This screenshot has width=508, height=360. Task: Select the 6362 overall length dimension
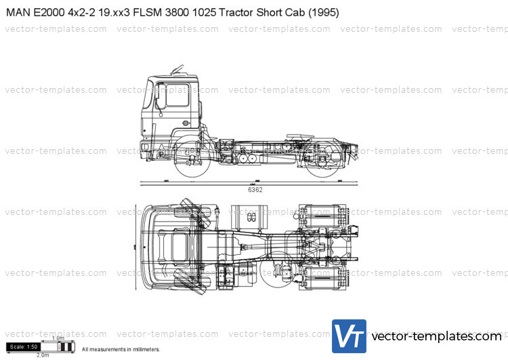tap(255, 190)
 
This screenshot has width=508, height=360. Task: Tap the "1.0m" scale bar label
tap(58, 338)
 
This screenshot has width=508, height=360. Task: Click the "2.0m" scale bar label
tap(42, 355)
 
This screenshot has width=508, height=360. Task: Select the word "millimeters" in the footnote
tap(144, 349)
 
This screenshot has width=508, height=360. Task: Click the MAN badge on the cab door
tap(186, 123)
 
